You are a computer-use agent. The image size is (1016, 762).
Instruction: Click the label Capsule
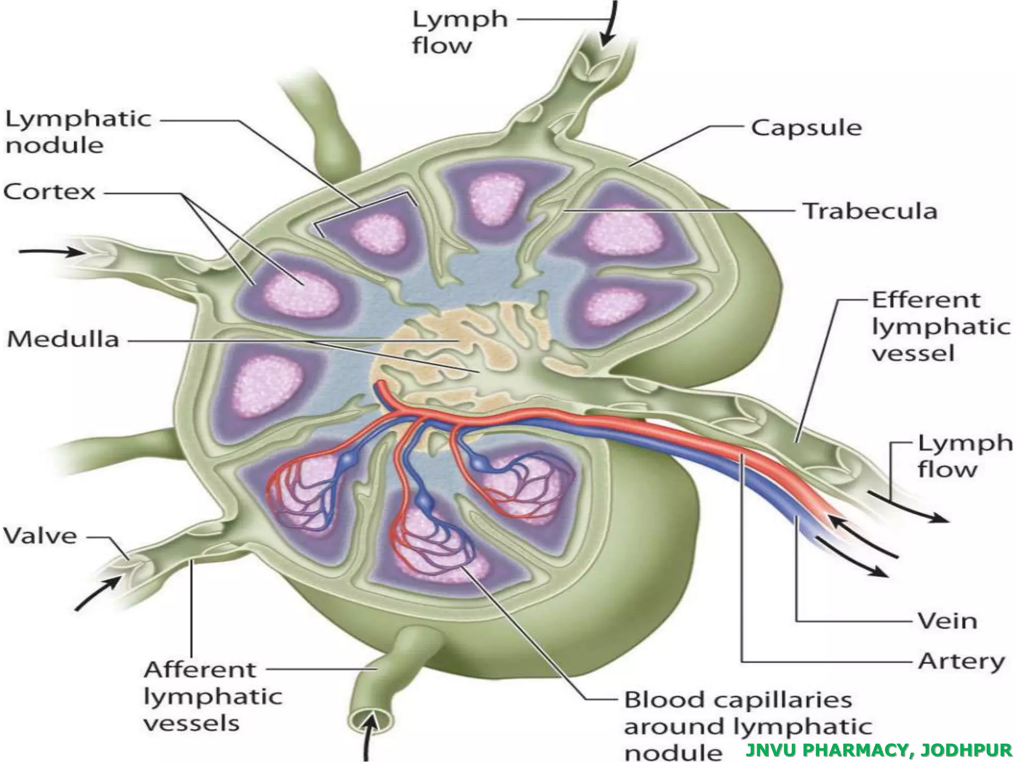click(806, 128)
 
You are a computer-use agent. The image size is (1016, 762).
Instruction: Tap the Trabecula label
click(870, 211)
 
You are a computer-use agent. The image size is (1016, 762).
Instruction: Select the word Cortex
click(49, 191)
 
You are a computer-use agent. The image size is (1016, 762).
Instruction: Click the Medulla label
click(63, 340)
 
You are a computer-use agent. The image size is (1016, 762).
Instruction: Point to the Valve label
click(40, 536)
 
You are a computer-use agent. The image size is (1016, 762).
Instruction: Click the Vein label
click(947, 621)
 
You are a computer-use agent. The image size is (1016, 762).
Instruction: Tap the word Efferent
click(926, 300)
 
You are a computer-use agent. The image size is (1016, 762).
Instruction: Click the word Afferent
click(200, 670)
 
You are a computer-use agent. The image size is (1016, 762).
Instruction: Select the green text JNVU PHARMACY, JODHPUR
click(879, 750)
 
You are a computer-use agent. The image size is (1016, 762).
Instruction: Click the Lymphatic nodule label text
click(78, 132)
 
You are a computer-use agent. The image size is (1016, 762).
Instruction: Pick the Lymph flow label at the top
click(460, 33)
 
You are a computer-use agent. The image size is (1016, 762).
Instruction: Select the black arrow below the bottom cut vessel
click(369, 742)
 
